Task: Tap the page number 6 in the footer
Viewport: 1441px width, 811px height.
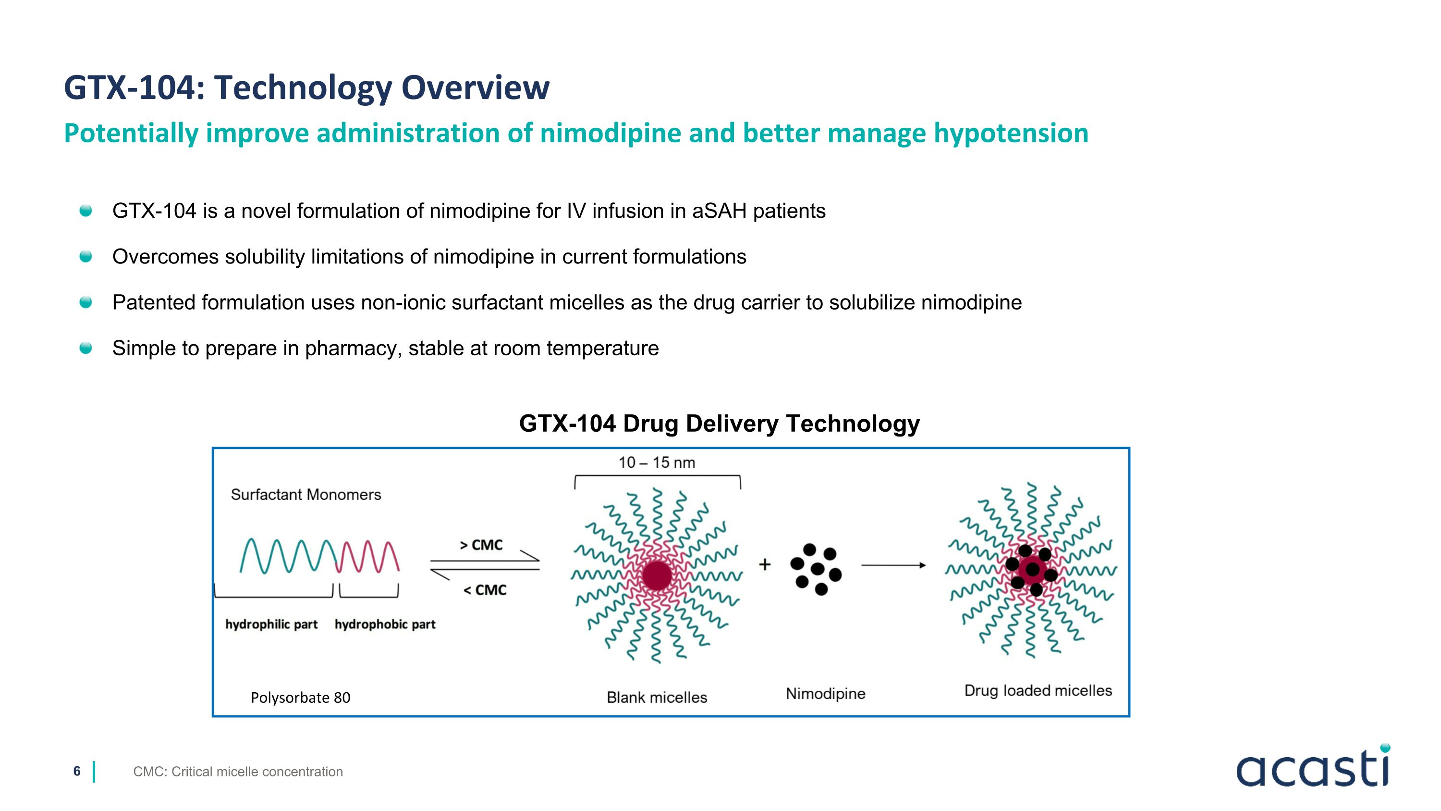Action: pyautogui.click(x=77, y=771)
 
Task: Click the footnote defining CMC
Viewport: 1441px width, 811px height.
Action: pyautogui.click(x=238, y=772)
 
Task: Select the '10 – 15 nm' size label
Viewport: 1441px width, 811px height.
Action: pyautogui.click(x=657, y=463)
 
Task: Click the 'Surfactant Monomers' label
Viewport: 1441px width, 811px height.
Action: pyautogui.click(x=306, y=495)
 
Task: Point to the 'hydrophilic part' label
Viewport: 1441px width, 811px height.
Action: pyautogui.click(x=271, y=624)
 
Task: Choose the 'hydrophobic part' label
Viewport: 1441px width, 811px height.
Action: pyautogui.click(x=385, y=624)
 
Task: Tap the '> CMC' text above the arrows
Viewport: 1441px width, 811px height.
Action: pyautogui.click(x=481, y=545)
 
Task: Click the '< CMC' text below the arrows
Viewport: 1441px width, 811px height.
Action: pyautogui.click(x=485, y=590)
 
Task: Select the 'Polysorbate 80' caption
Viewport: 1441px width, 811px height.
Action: pyautogui.click(x=300, y=698)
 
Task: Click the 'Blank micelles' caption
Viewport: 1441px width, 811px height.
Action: pyautogui.click(x=657, y=698)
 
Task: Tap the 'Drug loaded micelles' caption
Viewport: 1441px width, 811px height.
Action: pyautogui.click(x=1038, y=691)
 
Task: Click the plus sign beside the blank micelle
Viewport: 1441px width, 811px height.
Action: pyautogui.click(x=765, y=565)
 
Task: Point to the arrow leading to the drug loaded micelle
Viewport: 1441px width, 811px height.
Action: pyautogui.click(x=893, y=565)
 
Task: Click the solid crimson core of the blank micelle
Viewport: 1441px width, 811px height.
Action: pyautogui.click(x=657, y=575)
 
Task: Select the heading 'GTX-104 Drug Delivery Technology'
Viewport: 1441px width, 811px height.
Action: pyautogui.click(x=720, y=424)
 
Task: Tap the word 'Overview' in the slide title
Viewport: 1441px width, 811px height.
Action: pyautogui.click(x=476, y=88)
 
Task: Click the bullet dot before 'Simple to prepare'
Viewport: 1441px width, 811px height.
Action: pyautogui.click(x=85, y=348)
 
